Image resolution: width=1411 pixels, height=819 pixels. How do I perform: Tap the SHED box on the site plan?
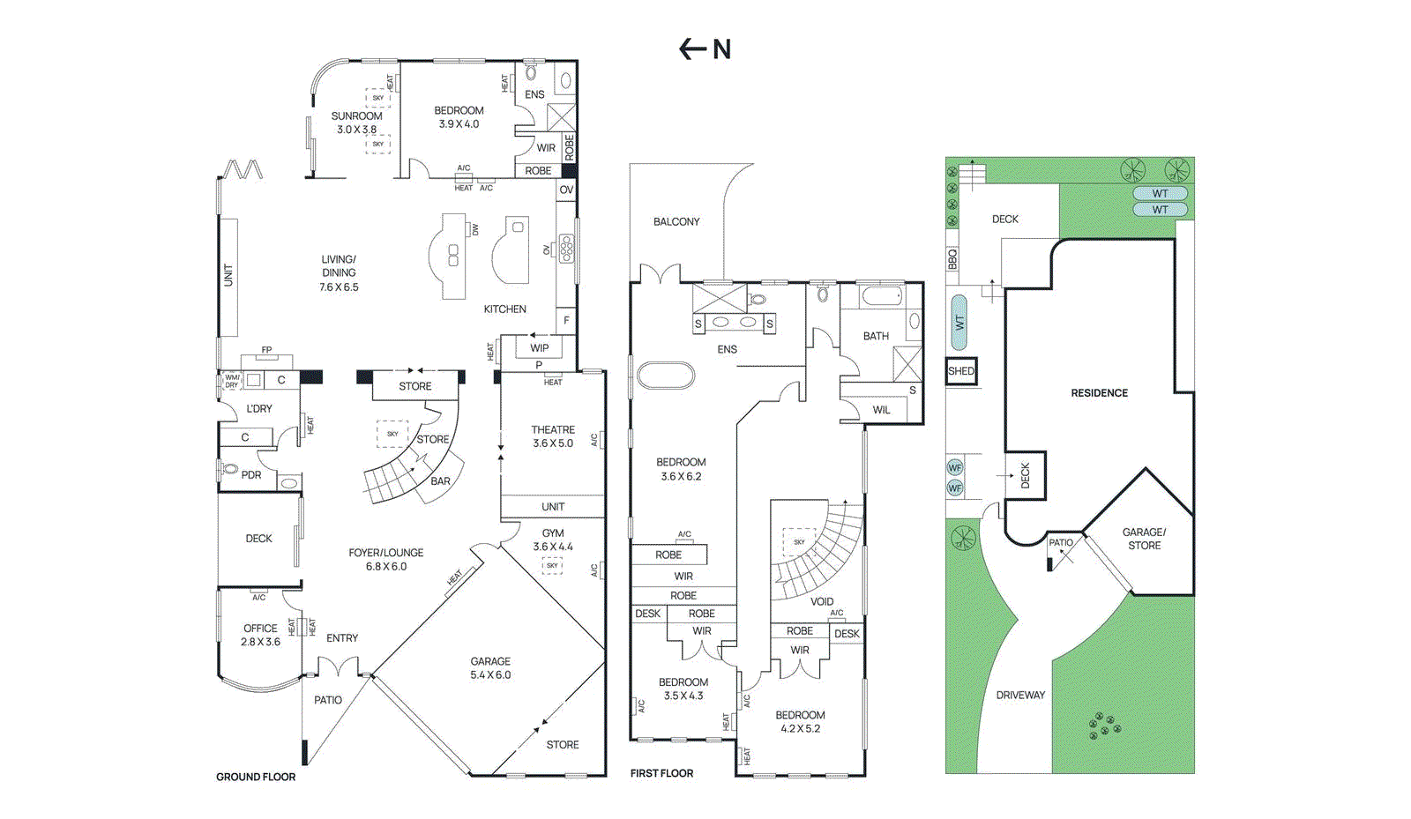click(x=961, y=371)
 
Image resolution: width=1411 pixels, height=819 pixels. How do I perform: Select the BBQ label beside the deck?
click(x=952, y=259)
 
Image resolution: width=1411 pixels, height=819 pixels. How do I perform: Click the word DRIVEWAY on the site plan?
click(x=1020, y=695)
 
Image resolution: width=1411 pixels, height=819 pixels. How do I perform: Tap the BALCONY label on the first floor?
click(x=676, y=222)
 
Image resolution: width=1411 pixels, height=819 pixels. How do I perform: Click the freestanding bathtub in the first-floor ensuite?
click(x=665, y=375)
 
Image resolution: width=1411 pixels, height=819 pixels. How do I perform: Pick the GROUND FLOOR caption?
click(x=256, y=777)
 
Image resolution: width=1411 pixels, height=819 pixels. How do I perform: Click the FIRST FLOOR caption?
click(x=661, y=773)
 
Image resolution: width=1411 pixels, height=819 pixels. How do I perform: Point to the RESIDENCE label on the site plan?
click(x=1099, y=393)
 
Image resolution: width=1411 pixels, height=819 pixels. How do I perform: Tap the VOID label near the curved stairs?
click(x=822, y=601)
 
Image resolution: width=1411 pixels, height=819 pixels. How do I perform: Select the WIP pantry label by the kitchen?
click(x=540, y=347)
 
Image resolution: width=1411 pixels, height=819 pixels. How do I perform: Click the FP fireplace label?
click(x=266, y=350)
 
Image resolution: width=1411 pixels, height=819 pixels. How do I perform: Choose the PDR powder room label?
click(x=251, y=475)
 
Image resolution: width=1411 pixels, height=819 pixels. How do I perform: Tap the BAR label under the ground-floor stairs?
click(x=440, y=481)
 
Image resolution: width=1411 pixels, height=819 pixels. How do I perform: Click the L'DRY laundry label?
click(x=259, y=409)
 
